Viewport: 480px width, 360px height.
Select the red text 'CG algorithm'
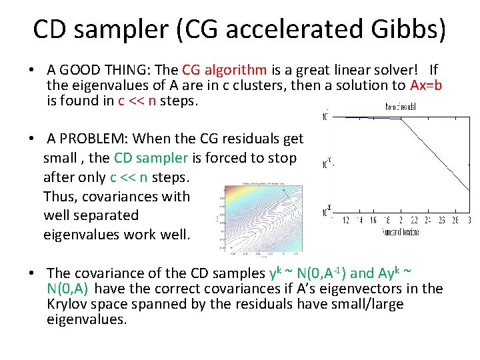tap(225, 70)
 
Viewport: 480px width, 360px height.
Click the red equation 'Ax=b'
tap(426, 85)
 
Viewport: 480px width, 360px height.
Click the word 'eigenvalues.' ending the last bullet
tap(86, 319)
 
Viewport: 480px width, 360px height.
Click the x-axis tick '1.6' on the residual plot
tap(373, 220)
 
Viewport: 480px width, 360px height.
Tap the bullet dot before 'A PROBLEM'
tap(32, 139)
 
